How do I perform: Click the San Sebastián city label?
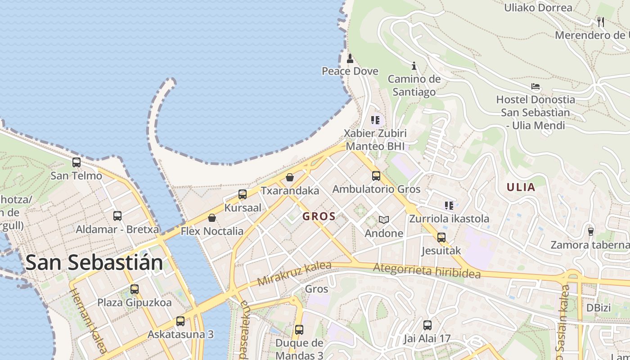94,262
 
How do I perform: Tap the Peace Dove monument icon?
350,58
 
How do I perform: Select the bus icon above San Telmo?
76,162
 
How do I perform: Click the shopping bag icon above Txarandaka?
290,177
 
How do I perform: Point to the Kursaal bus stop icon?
243,194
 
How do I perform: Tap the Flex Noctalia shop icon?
212,218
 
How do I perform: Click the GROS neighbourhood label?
319,216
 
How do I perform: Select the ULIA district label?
521,187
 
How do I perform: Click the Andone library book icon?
383,220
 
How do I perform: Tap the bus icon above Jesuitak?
441,237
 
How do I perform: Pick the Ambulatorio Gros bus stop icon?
376,176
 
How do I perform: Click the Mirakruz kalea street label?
294,274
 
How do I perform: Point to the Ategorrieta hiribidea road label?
427,270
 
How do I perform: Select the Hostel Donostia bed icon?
535,86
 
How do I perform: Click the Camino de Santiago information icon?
414,66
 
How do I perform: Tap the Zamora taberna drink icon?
591,231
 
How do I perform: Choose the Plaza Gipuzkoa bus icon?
135,289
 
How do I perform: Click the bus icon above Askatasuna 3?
180,321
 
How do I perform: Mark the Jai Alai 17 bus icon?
427,325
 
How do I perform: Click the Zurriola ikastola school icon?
449,206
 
